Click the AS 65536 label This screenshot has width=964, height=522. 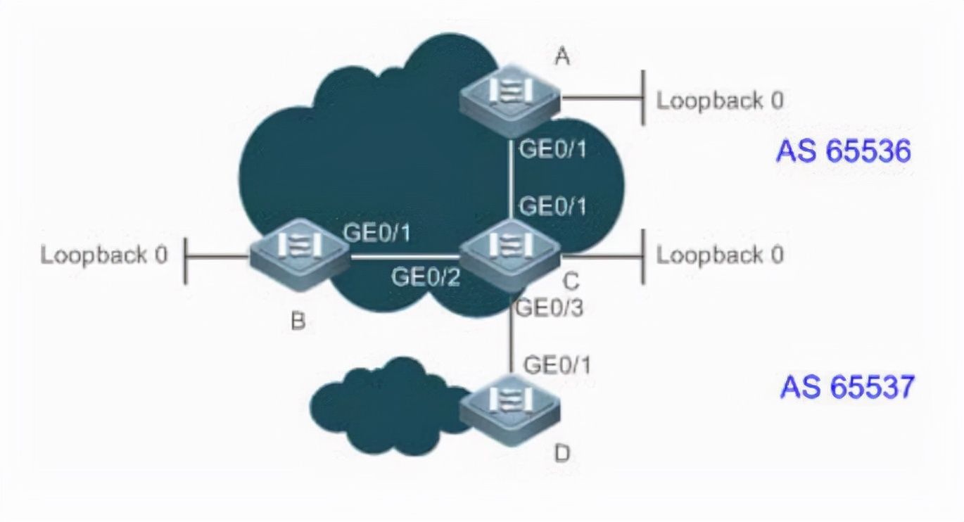(x=844, y=151)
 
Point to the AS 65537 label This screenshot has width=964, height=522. (x=847, y=387)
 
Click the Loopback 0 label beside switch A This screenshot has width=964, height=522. (x=720, y=101)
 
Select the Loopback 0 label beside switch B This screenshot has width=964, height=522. (x=104, y=255)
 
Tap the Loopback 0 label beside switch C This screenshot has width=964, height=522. (x=720, y=255)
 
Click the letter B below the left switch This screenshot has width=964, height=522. (x=298, y=323)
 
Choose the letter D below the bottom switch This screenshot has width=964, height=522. (x=562, y=454)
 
